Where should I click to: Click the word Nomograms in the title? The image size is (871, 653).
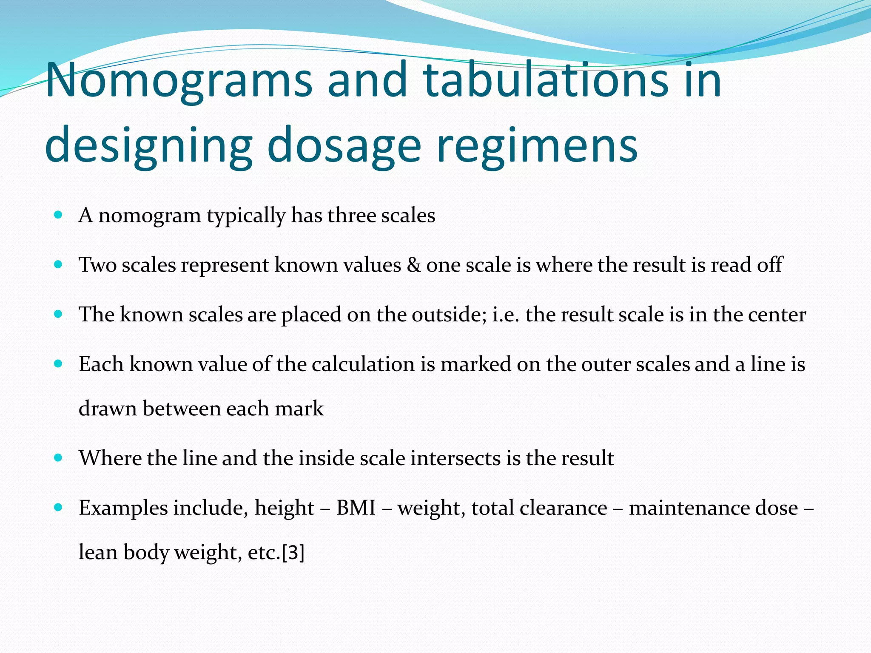click(x=179, y=80)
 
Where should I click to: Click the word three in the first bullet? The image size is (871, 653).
click(x=351, y=215)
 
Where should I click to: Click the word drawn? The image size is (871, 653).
click(x=108, y=409)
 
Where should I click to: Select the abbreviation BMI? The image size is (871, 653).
click(x=356, y=508)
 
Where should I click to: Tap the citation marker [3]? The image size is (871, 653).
click(x=293, y=552)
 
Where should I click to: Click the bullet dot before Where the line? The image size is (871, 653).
click(x=59, y=458)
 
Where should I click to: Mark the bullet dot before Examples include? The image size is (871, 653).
click(x=59, y=507)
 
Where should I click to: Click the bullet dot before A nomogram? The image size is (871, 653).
click(x=59, y=215)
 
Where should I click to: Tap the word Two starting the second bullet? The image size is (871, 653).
click(x=98, y=265)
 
